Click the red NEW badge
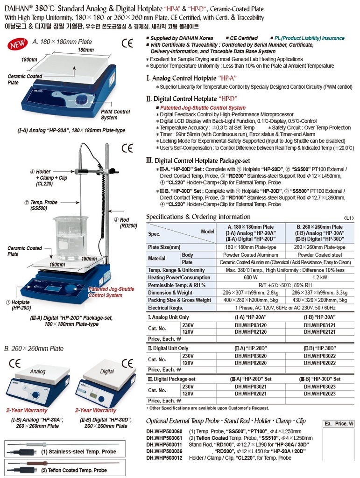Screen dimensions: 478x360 click(17, 46)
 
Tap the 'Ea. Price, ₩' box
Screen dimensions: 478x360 click(339, 424)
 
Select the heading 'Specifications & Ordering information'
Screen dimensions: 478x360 click(198, 217)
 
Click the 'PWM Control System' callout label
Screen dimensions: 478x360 click(115, 115)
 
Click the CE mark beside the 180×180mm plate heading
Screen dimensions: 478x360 click(127, 45)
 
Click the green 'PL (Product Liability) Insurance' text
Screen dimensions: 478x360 click(309, 38)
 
